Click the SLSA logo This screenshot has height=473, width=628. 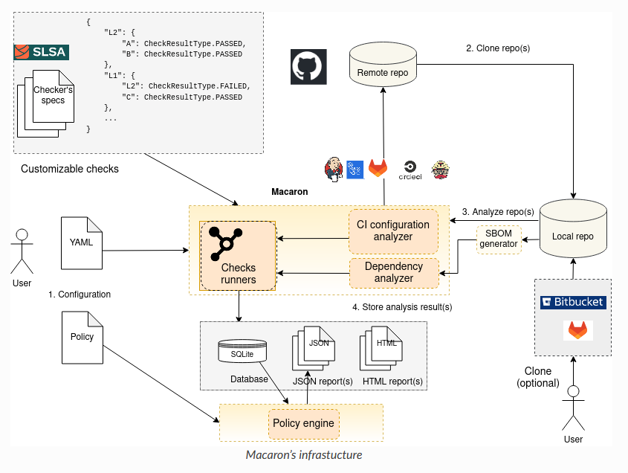click(x=41, y=52)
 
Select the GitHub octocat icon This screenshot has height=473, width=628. click(x=305, y=66)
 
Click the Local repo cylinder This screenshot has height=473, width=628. click(x=573, y=230)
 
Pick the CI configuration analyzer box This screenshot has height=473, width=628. click(x=393, y=231)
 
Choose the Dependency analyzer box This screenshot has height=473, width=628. click(x=393, y=272)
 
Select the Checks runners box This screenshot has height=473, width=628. click(x=238, y=255)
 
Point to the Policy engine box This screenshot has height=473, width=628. click(x=303, y=424)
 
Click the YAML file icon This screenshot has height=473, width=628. click(x=81, y=242)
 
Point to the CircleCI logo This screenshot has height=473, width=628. click(x=410, y=170)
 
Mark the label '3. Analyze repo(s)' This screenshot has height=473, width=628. click(x=498, y=212)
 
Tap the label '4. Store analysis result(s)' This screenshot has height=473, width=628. click(x=402, y=306)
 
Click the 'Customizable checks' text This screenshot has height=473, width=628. click(x=69, y=169)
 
